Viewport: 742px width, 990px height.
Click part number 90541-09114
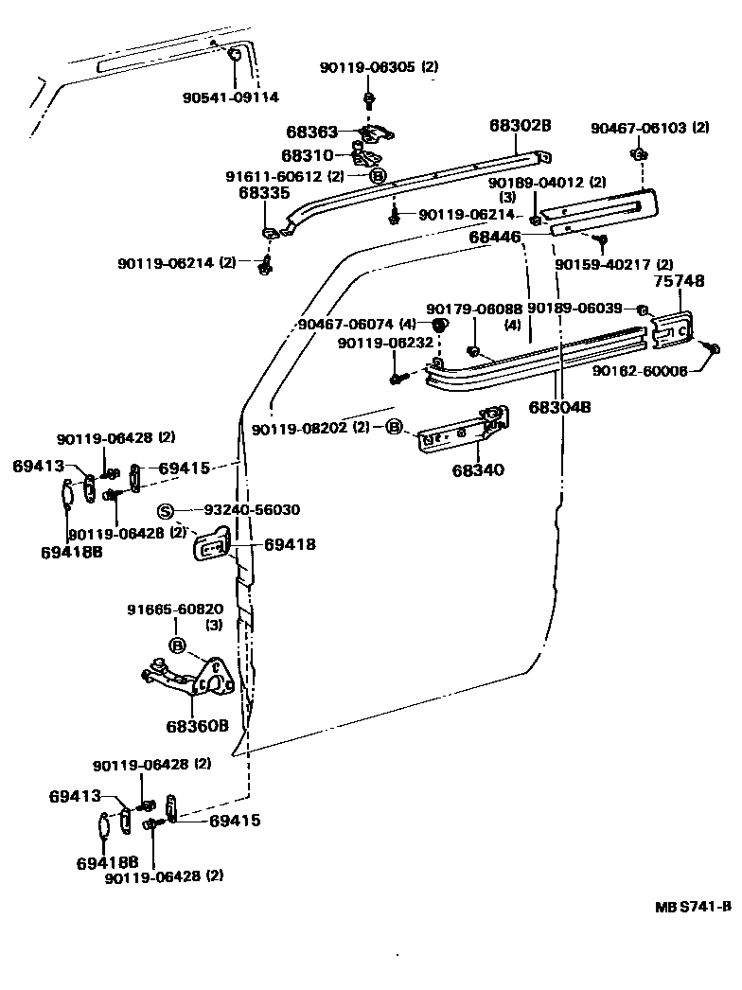230,97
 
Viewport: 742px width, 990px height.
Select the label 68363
312,133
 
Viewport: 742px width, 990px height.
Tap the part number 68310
308,153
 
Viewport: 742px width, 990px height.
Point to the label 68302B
520,125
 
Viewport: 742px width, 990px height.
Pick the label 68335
263,193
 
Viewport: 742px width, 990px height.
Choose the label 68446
495,238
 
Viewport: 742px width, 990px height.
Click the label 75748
674,281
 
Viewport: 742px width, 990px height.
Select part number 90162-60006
640,371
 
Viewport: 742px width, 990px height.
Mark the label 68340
478,469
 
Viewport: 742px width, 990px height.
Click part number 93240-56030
252,509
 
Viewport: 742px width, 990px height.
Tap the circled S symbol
165,511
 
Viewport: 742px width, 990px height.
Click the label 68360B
198,726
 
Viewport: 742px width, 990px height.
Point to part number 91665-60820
175,610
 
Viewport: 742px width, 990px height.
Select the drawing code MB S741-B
693,906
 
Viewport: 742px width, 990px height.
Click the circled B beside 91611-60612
377,175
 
